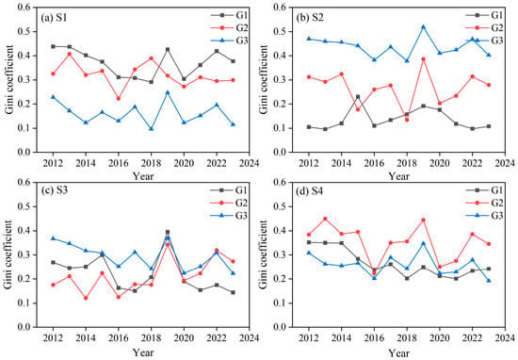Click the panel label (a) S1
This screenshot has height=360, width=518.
(x=54, y=18)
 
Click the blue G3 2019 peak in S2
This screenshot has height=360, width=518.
(x=423, y=26)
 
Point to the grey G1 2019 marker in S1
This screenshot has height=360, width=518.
(x=168, y=50)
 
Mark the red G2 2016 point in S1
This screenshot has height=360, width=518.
(x=119, y=99)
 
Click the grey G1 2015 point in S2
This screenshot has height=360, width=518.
(x=358, y=97)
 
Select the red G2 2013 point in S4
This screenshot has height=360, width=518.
(x=325, y=219)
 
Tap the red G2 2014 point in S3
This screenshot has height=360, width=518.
(x=86, y=298)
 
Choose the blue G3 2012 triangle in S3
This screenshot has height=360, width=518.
(x=53, y=238)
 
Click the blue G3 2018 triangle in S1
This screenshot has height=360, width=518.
(x=152, y=128)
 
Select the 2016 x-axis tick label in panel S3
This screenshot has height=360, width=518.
(x=119, y=337)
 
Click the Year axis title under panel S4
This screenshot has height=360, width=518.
(x=398, y=353)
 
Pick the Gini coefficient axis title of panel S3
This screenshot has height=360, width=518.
(x=8, y=254)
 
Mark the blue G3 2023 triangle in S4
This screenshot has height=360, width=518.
(x=489, y=280)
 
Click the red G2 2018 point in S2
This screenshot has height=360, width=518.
(x=407, y=120)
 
